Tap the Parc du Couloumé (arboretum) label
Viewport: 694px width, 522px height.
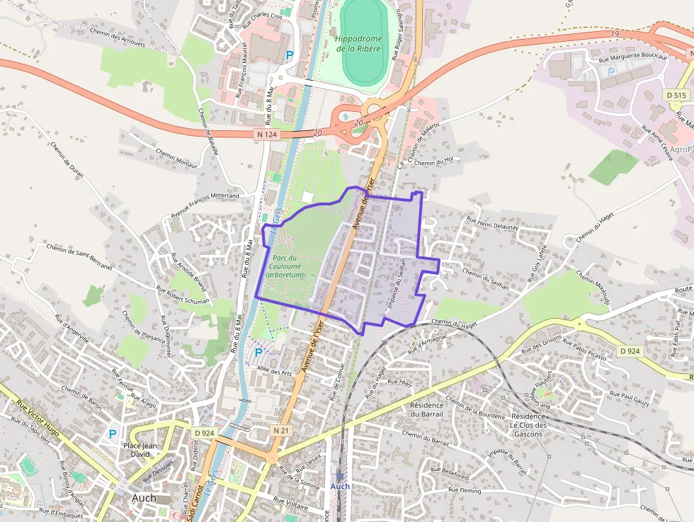click(x=285, y=266)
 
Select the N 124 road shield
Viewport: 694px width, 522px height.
click(x=263, y=132)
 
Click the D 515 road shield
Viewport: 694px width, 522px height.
click(x=676, y=95)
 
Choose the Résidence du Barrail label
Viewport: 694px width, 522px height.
click(x=426, y=409)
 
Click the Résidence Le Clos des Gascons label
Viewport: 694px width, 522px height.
click(x=528, y=425)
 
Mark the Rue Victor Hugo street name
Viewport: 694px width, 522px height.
click(x=36, y=415)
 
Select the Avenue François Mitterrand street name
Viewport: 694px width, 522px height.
click(x=205, y=205)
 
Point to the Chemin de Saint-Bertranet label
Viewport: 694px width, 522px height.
click(x=79, y=258)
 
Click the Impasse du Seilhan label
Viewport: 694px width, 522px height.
click(x=397, y=290)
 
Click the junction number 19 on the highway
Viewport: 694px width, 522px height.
click(x=615, y=33)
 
